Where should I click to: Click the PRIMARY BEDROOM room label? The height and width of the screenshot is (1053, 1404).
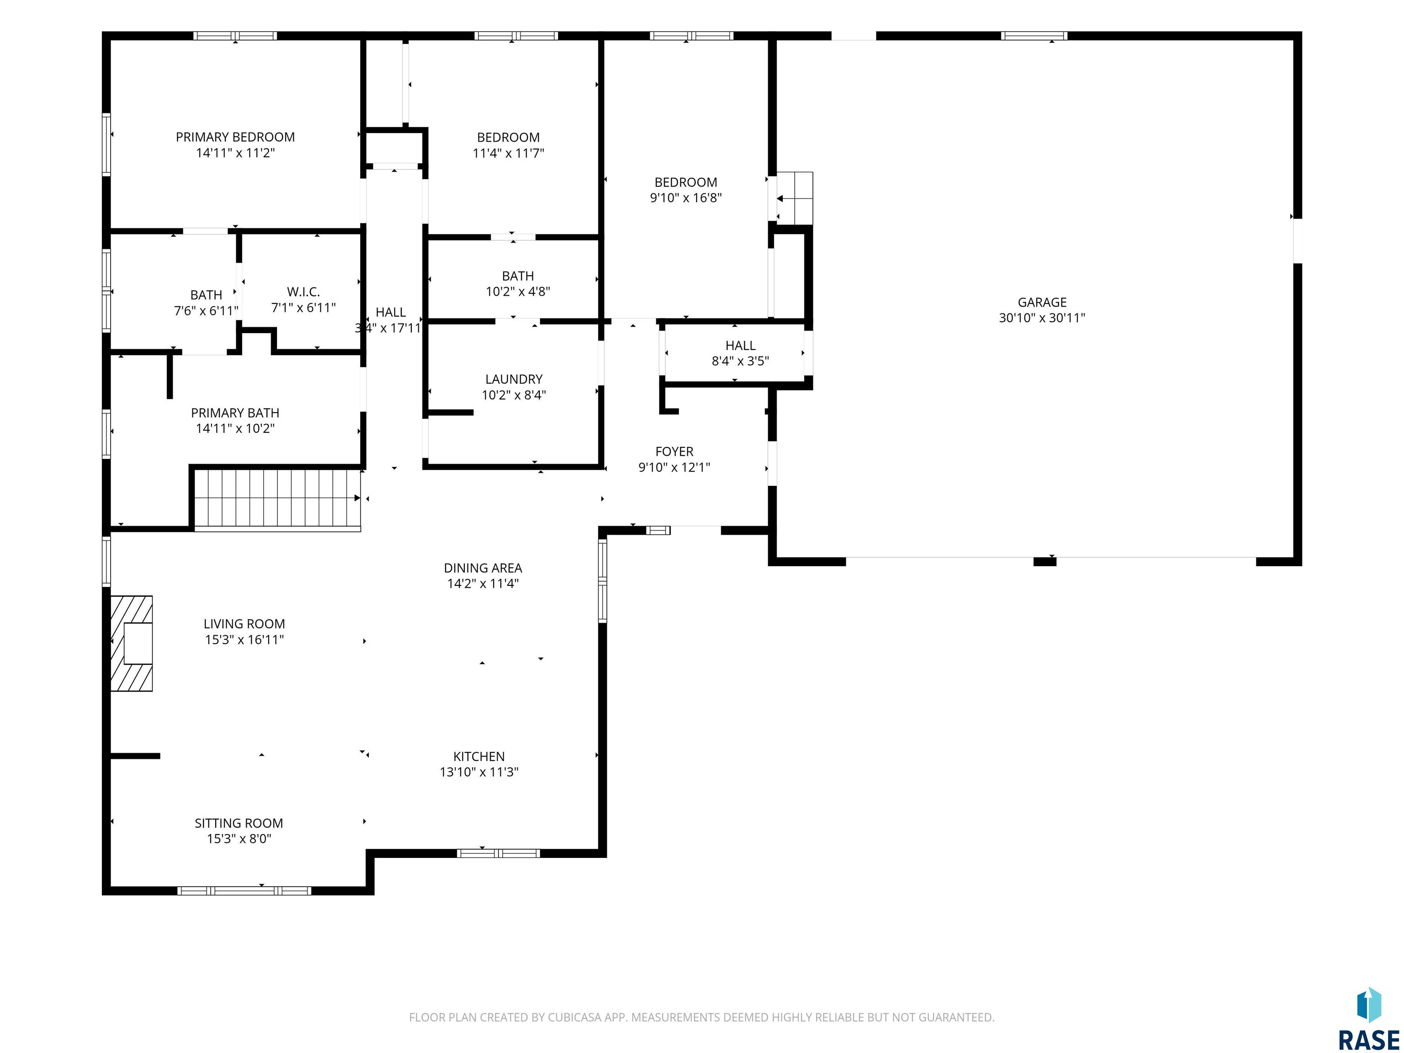pyautogui.click(x=235, y=137)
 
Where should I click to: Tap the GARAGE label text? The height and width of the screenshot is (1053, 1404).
pyautogui.click(x=1042, y=303)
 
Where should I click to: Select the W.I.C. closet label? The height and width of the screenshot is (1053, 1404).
pyautogui.click(x=303, y=292)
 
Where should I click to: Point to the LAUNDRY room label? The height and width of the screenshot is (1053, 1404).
pyautogui.click(x=514, y=379)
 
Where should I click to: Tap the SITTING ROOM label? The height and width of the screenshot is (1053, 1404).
pyautogui.click(x=239, y=823)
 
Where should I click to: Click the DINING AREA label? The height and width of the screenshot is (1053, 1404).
pyautogui.click(x=483, y=568)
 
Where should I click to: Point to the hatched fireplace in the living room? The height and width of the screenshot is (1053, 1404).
pyautogui.click(x=131, y=643)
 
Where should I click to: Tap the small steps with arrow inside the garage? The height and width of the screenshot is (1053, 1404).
pyautogui.click(x=793, y=198)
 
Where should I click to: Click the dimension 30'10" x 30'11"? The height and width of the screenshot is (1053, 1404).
pyautogui.click(x=1042, y=318)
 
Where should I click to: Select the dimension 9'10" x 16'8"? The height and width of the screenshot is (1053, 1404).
pyautogui.click(x=686, y=198)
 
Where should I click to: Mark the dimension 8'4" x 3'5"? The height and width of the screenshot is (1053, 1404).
pyautogui.click(x=740, y=361)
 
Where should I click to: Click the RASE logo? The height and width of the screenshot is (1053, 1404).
pyautogui.click(x=1368, y=1019)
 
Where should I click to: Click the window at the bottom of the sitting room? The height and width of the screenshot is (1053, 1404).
pyautogui.click(x=245, y=890)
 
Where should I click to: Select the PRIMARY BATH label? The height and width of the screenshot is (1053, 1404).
pyautogui.click(x=235, y=413)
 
